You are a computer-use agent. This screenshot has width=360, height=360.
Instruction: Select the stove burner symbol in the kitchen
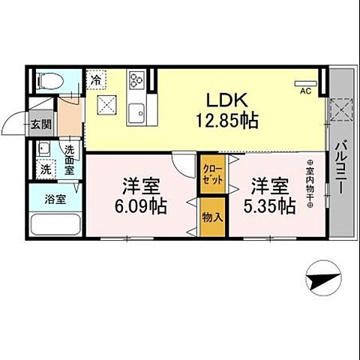[x=138, y=80]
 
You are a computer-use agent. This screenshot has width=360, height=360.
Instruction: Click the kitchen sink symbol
[x=138, y=114]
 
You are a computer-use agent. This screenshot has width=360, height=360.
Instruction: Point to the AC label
[x=306, y=91]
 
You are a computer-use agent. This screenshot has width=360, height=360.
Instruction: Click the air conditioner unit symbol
[x=306, y=82]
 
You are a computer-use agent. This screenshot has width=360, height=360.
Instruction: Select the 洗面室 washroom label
[x=68, y=160]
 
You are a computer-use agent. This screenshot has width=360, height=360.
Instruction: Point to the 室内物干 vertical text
[x=309, y=184]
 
